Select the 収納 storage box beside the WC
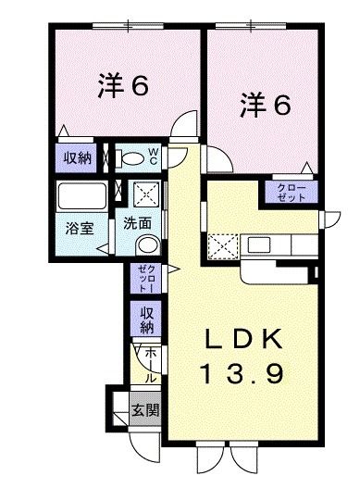(x=78, y=157)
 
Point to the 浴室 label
(x=79, y=228)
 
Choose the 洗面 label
(x=139, y=223)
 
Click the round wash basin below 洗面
(x=146, y=245)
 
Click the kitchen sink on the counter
(x=259, y=247)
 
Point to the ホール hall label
(x=150, y=364)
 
